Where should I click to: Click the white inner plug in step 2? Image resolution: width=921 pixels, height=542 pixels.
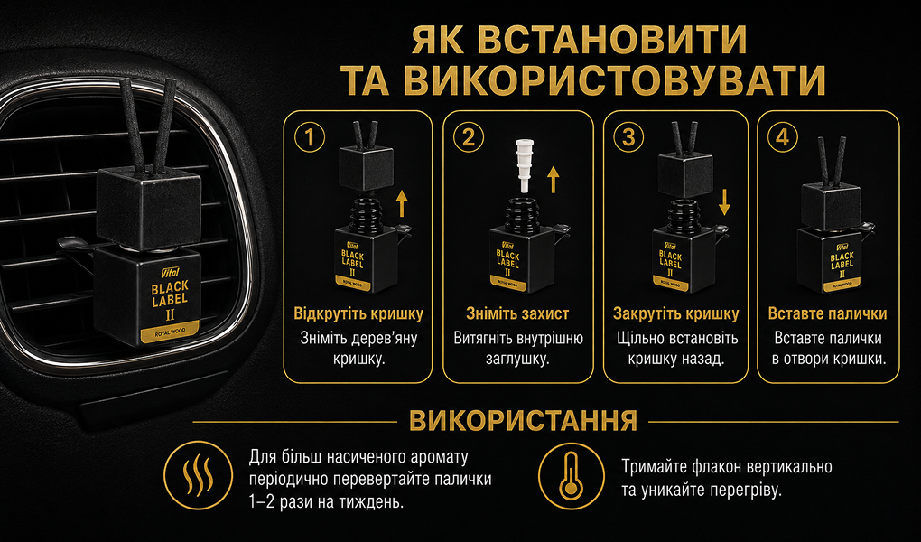(522, 164)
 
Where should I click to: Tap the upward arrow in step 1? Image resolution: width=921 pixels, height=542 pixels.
(402, 203)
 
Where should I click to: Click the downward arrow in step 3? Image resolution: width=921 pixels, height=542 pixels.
(724, 201)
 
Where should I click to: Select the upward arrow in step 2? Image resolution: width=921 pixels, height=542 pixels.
(552, 179)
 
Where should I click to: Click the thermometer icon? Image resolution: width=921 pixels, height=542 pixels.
(572, 476)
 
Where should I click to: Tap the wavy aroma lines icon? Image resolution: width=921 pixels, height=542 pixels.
(198, 475)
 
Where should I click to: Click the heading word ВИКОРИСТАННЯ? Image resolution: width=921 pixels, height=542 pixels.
(524, 421)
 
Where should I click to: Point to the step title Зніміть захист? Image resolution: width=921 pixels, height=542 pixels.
(517, 314)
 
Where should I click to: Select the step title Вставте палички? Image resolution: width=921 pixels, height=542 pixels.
(828, 314)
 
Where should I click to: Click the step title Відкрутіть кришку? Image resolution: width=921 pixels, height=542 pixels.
(358, 314)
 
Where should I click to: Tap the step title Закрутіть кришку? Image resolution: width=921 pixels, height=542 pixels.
(676, 314)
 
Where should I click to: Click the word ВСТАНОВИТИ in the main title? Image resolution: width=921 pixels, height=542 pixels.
(612, 40)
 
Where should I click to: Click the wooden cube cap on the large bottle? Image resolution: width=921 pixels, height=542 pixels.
(149, 208)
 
